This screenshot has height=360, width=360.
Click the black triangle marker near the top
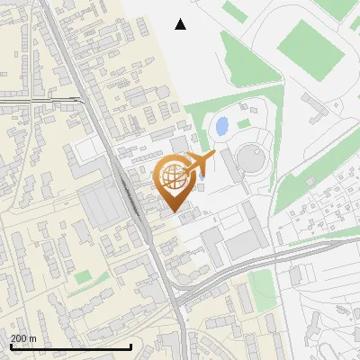pos(181,24)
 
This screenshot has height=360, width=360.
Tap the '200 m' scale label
pos(23,338)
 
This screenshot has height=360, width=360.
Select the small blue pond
pos(221,126)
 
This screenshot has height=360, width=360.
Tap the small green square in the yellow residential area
pos(85,276)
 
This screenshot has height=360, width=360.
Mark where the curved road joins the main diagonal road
pos(179,298)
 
